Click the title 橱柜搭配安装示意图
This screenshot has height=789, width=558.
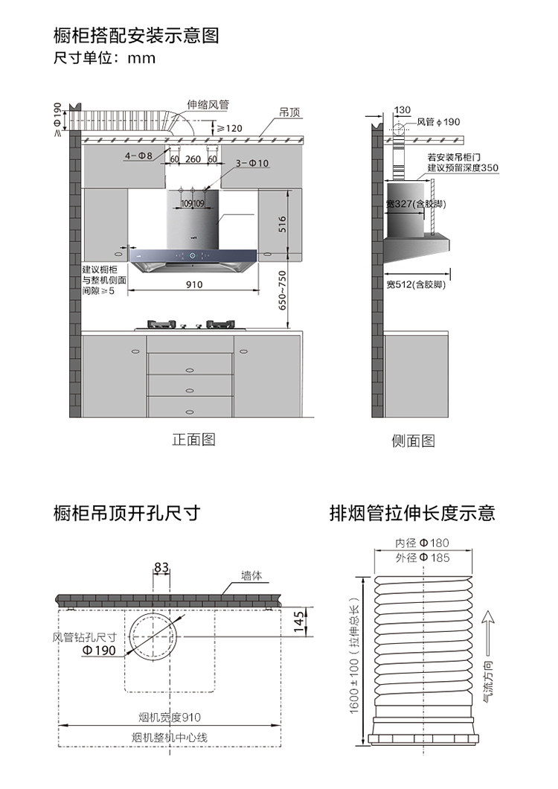(x=136, y=35)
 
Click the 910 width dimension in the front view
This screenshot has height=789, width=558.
(x=194, y=284)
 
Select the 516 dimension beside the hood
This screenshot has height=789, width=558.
(x=282, y=224)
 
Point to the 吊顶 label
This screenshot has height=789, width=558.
(x=289, y=112)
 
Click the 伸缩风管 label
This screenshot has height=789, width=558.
(x=208, y=105)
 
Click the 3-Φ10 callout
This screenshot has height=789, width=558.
(x=252, y=163)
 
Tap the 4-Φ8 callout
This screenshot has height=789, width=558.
(x=138, y=156)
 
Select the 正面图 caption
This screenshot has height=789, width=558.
(x=194, y=439)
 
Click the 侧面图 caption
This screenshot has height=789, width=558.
(x=414, y=441)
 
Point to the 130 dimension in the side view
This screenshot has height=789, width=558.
(x=402, y=110)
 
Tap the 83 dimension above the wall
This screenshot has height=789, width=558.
(x=161, y=568)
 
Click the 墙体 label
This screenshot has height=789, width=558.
(x=251, y=575)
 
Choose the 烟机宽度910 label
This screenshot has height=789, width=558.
(x=170, y=717)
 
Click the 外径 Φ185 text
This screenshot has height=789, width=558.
(x=423, y=558)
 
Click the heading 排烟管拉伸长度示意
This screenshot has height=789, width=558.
(x=412, y=513)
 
